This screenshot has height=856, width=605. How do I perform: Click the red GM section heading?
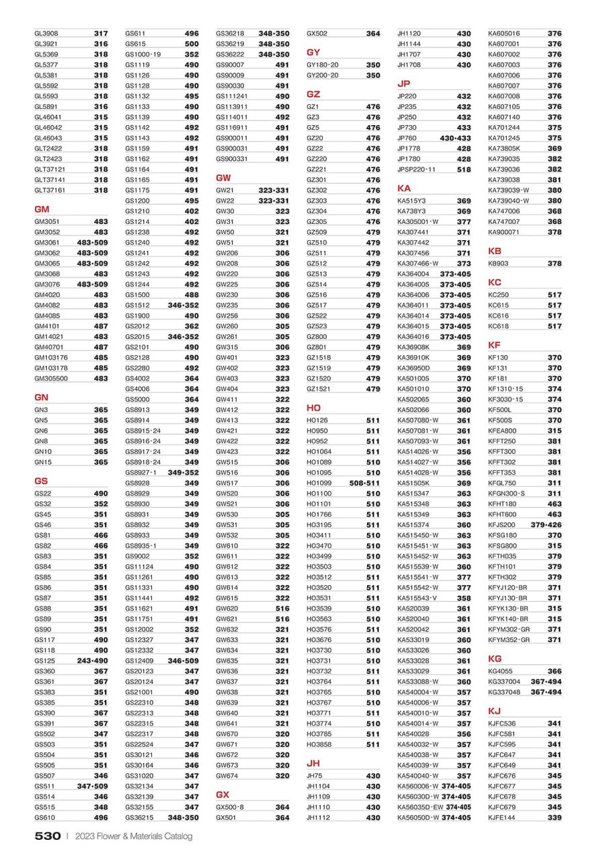pyautogui.click(x=42, y=209)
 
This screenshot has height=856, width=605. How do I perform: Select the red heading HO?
pyautogui.click(x=313, y=407)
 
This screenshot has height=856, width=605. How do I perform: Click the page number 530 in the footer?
pyautogui.click(x=48, y=836)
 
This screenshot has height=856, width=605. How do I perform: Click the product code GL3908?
pyautogui.click(x=46, y=33)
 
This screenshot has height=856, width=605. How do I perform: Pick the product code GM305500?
pyautogui.click(x=51, y=379)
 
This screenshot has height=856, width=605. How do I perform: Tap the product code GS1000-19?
pyautogui.click(x=143, y=54)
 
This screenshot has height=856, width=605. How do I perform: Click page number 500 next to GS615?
pyautogui.click(x=192, y=44)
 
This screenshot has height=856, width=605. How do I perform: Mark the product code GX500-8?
pyautogui.click(x=230, y=807)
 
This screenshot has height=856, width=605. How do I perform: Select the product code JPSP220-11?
pyautogui.click(x=416, y=169)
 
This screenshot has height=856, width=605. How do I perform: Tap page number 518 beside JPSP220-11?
pyautogui.click(x=464, y=169)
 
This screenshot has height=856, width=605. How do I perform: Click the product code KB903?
pyautogui.click(x=498, y=264)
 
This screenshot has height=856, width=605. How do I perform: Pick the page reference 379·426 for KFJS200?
pyautogui.click(x=547, y=524)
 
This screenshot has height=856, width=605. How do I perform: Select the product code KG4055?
pyautogui.click(x=501, y=671)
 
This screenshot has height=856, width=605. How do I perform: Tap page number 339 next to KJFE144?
pyautogui.click(x=555, y=818)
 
